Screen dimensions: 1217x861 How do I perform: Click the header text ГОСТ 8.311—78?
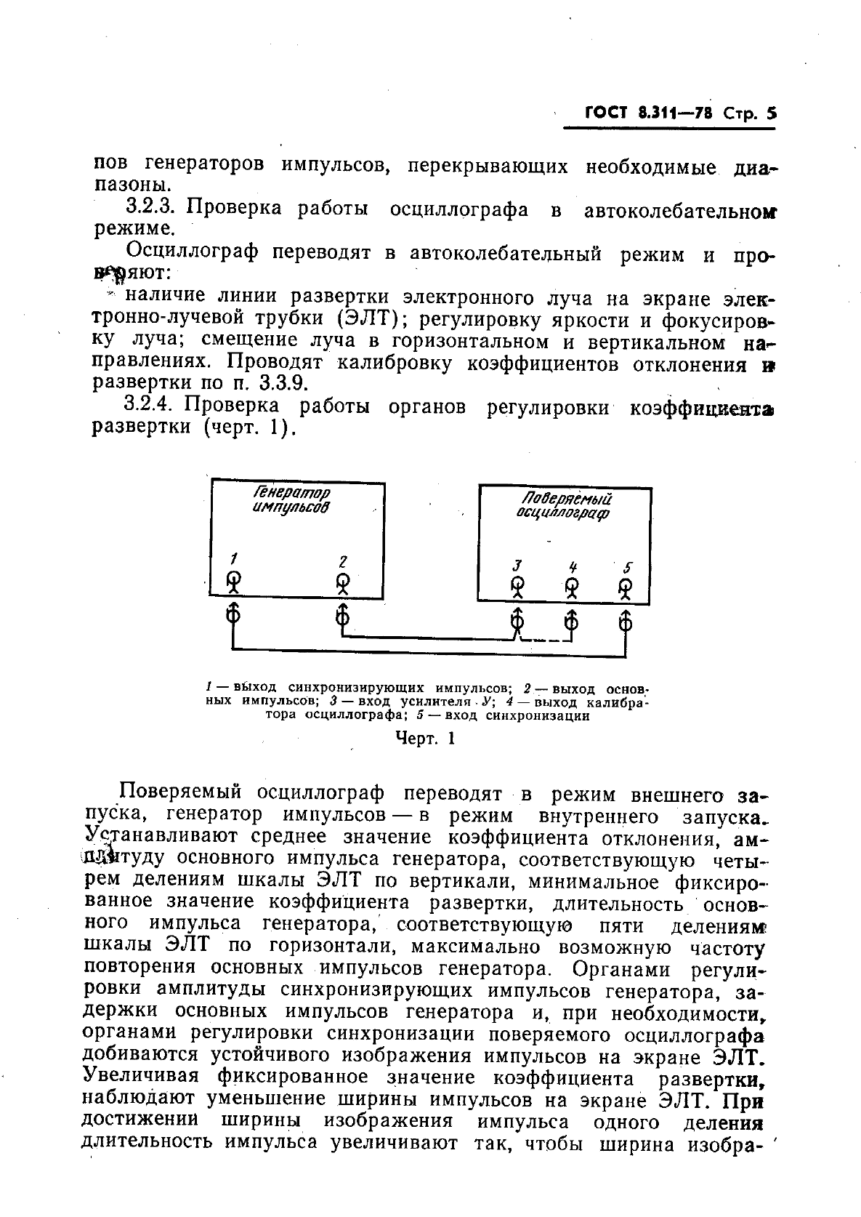coord(649,113)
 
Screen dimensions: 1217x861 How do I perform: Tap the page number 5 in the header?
coord(771,113)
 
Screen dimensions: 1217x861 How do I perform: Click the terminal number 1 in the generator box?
coord(234,559)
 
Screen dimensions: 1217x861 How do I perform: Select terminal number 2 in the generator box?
coord(343,561)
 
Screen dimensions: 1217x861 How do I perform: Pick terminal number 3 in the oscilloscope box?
coord(517,566)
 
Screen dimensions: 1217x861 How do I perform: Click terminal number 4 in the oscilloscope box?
coord(573,566)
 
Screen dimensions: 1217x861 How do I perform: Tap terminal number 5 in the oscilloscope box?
coord(628,567)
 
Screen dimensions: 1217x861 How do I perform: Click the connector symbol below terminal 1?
coord(233,616)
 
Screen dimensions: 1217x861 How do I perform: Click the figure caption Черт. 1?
coord(424,739)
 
